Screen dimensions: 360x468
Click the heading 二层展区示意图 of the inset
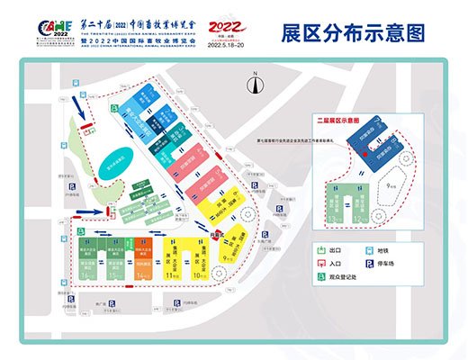[335, 119]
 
